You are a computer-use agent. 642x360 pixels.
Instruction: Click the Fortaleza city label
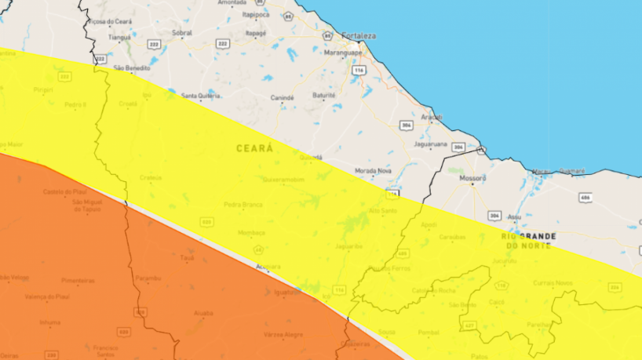(x=360, y=35)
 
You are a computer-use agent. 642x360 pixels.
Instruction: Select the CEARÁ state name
(x=254, y=147)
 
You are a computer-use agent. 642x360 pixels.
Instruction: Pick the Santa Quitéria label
(x=199, y=96)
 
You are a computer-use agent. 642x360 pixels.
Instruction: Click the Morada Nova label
(x=374, y=170)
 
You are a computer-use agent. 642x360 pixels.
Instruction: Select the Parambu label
(x=148, y=278)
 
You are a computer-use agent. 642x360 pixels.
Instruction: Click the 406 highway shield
(x=585, y=197)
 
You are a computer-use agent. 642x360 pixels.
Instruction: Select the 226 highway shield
(x=614, y=287)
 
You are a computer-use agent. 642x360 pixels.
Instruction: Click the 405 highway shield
(x=403, y=253)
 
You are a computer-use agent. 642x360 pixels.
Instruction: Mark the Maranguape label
(x=342, y=53)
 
